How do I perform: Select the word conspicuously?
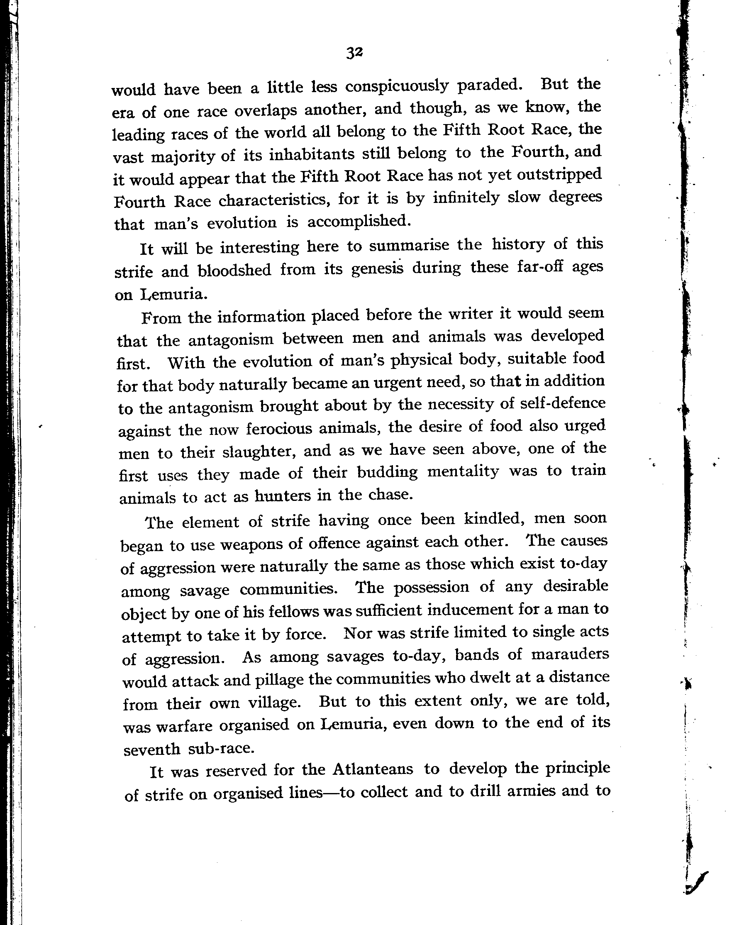click(x=396, y=87)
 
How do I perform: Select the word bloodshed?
click(x=234, y=270)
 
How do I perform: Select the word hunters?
click(x=283, y=496)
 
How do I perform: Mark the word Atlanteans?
click(x=373, y=769)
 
